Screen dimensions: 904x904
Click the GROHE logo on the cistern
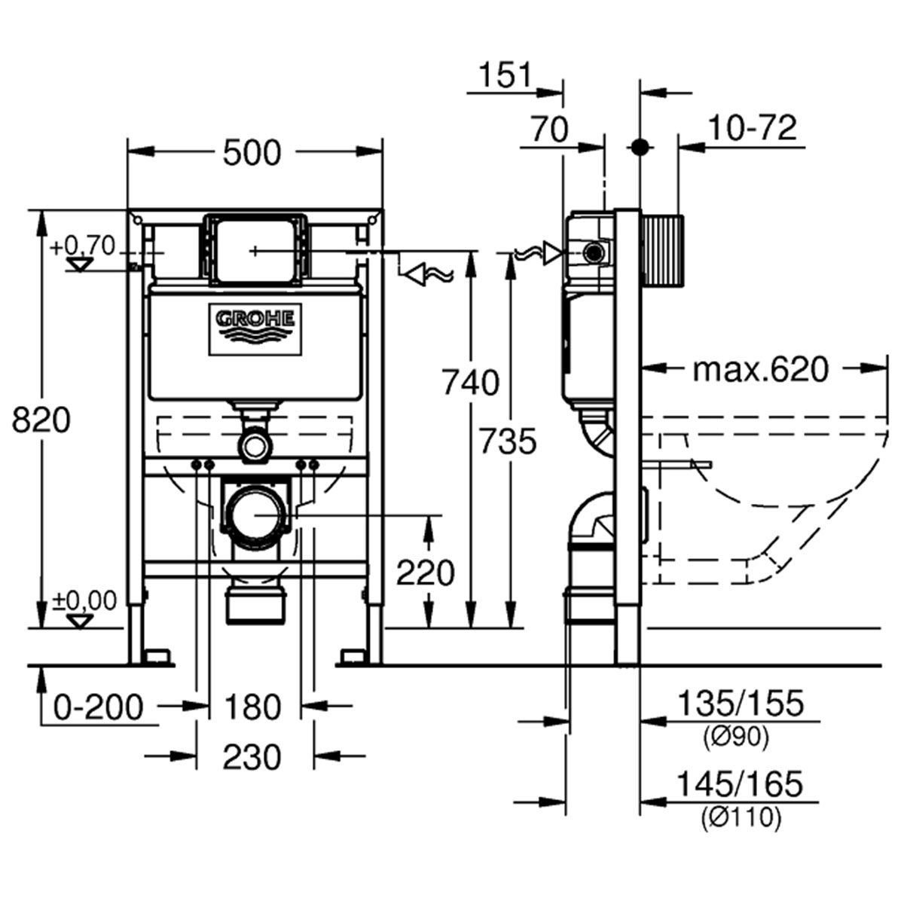click(x=255, y=329)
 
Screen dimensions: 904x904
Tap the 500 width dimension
click(x=252, y=153)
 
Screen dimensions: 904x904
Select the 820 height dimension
click(x=41, y=420)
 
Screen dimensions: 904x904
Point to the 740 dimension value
click(x=471, y=383)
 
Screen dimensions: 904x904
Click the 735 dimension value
click(x=508, y=442)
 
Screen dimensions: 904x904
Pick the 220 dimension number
click(x=426, y=573)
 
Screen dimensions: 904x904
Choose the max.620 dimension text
click(x=761, y=370)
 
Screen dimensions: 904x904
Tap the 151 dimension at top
click(x=505, y=75)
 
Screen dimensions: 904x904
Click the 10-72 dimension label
click(x=752, y=129)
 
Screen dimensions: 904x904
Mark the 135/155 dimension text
click(x=741, y=703)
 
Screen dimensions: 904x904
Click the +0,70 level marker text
click(x=82, y=246)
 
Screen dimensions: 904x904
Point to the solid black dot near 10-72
click(x=640, y=148)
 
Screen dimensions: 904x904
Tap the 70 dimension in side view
click(x=549, y=130)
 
